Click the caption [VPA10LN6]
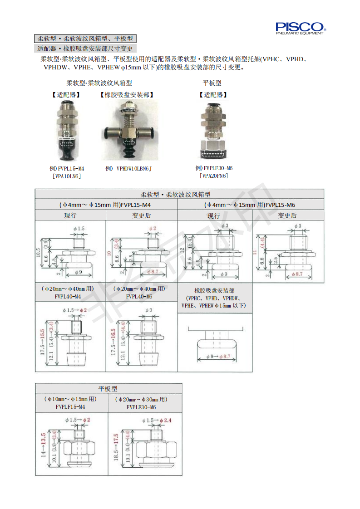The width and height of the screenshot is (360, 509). pos(67,176)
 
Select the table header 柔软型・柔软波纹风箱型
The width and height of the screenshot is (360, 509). pos(180,194)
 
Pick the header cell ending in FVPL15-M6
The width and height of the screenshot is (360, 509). pos(251,205)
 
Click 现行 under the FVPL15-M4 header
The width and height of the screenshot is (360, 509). pos(70,215)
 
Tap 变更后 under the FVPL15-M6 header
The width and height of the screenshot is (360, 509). pos(288,215)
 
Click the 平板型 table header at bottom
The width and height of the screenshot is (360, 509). pos(108,389)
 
